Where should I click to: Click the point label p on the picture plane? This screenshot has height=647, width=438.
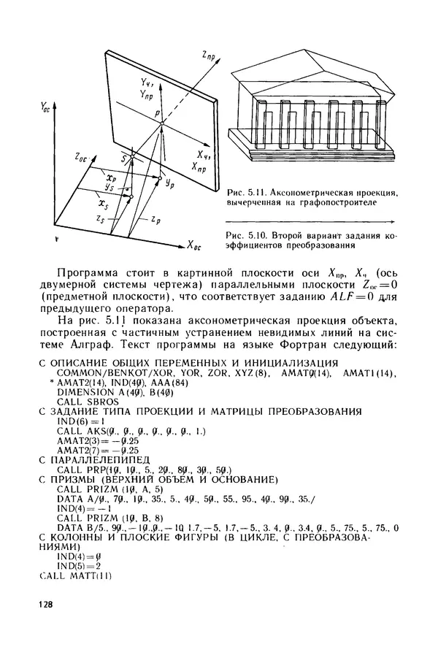[x=156, y=115]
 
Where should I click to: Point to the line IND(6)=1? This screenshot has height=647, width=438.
[x=76, y=421]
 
